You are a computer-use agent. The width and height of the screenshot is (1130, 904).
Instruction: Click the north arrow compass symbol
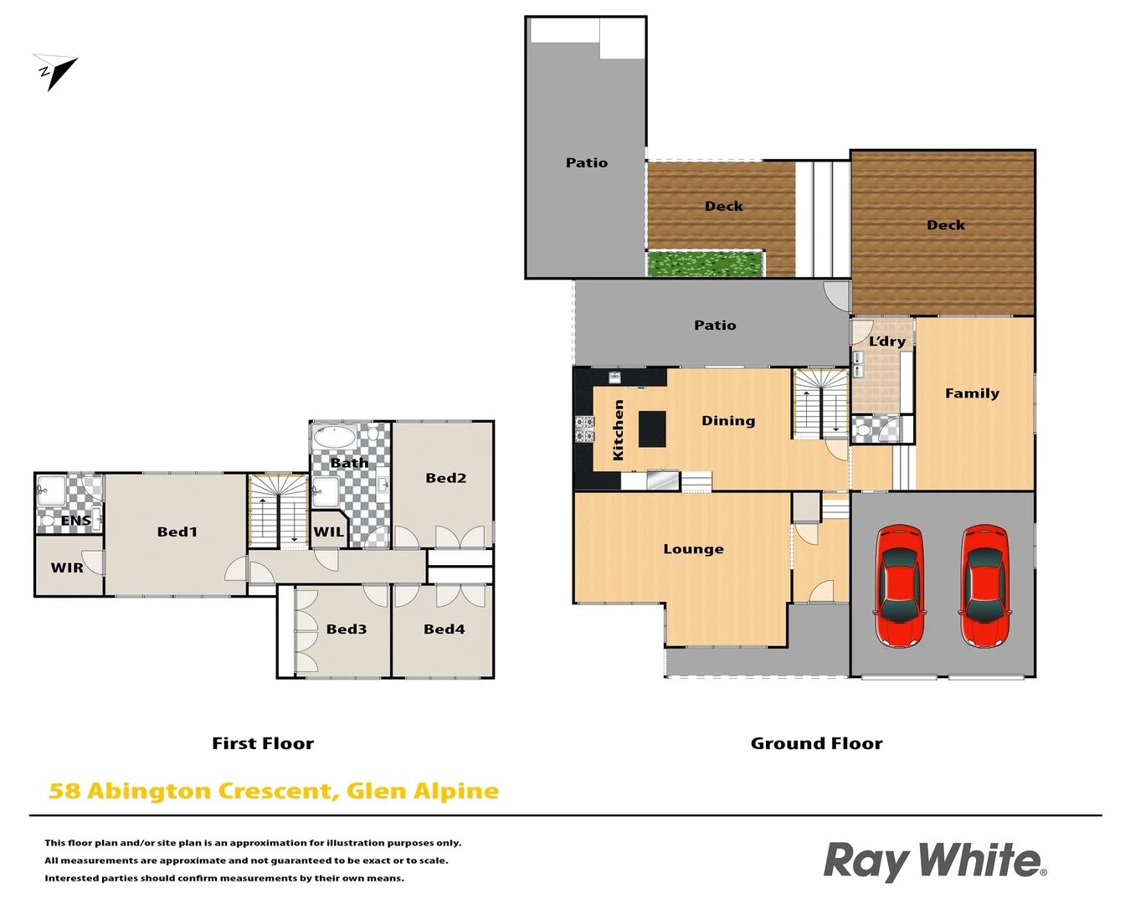[x=55, y=72]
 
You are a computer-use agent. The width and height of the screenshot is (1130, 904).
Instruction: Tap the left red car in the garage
[x=900, y=586]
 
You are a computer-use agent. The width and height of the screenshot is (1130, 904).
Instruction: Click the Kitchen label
[x=619, y=429]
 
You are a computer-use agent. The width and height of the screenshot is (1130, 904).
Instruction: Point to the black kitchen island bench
[x=652, y=429]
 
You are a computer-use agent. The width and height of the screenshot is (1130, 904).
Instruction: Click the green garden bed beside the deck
[x=705, y=265]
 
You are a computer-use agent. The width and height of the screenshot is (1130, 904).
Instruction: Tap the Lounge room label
[x=693, y=549]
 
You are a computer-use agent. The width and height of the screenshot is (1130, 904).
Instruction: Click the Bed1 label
[x=177, y=532]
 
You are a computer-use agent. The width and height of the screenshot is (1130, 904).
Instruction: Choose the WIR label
[x=67, y=568]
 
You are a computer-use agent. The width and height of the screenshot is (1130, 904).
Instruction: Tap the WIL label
[x=328, y=532]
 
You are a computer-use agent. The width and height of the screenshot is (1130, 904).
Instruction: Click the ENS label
[x=75, y=521]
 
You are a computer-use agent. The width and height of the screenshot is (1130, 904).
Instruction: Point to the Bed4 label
[x=444, y=629]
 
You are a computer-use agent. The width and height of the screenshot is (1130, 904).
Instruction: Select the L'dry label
[x=887, y=342]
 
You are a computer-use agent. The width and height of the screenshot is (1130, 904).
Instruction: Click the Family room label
[x=972, y=393]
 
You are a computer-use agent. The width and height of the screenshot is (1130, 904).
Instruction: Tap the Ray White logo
[x=934, y=860]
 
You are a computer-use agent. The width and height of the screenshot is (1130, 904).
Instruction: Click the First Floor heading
[x=263, y=743]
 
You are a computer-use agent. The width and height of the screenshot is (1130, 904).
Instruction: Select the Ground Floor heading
[x=816, y=743]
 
